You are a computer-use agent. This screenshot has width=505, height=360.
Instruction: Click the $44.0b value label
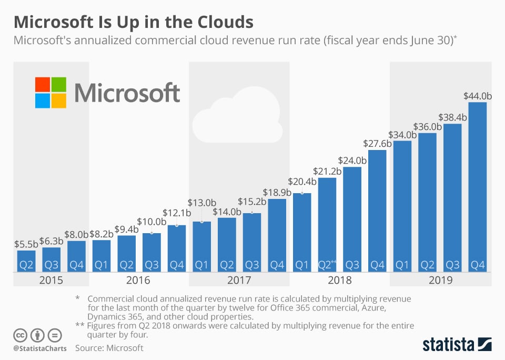click(x=478, y=96)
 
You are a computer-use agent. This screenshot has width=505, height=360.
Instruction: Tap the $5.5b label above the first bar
click(x=26, y=245)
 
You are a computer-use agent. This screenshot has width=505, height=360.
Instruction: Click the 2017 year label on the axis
click(x=239, y=279)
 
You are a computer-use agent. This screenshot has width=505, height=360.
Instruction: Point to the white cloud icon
click(x=237, y=118)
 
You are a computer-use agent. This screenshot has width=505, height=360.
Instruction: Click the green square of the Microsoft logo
click(x=59, y=85)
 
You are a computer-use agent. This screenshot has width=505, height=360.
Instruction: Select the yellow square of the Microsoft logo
click(x=59, y=101)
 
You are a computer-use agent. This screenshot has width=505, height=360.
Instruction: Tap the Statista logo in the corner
click(x=457, y=345)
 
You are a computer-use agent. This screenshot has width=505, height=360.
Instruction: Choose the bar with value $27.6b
click(x=377, y=211)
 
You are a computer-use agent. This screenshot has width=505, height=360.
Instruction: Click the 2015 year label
click(x=51, y=279)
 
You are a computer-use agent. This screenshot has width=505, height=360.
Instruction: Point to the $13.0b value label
click(x=201, y=203)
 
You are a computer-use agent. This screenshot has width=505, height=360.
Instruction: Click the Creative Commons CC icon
click(x=20, y=335)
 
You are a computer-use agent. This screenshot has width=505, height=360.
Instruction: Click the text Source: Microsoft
click(x=109, y=348)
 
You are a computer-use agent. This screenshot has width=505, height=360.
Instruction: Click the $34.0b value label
click(x=402, y=135)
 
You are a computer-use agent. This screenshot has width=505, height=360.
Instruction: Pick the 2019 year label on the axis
click(x=440, y=279)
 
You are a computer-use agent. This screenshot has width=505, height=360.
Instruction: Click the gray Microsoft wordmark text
click(x=127, y=93)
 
